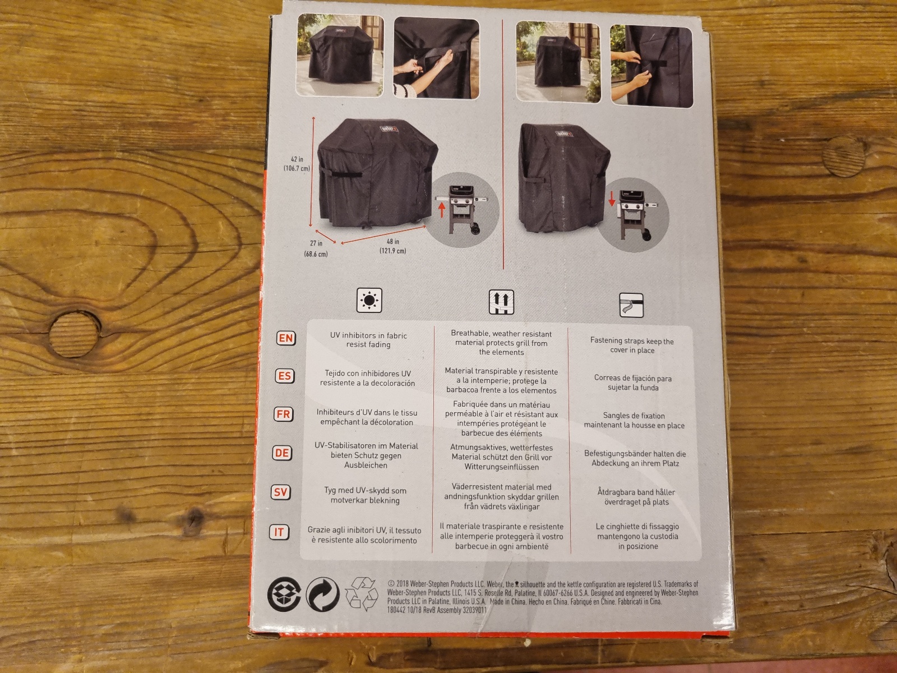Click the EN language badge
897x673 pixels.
point(286,338)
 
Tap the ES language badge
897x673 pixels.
point(284,376)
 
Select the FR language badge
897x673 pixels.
point(283,414)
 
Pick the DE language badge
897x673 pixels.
point(282,453)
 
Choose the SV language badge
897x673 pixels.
point(280,492)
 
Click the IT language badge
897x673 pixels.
point(279,532)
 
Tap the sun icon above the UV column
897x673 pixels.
point(369,301)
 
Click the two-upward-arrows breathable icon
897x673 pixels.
point(501,302)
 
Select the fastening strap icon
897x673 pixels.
point(631,305)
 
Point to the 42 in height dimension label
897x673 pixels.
point(297,164)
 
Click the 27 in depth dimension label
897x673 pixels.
point(316,248)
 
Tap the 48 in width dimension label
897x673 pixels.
point(393,246)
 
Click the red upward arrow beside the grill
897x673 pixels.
point(441,211)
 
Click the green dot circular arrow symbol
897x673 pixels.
point(322,594)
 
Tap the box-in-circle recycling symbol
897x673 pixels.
point(284,594)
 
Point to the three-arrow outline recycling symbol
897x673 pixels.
point(361,594)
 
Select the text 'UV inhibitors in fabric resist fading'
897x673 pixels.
point(368,340)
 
